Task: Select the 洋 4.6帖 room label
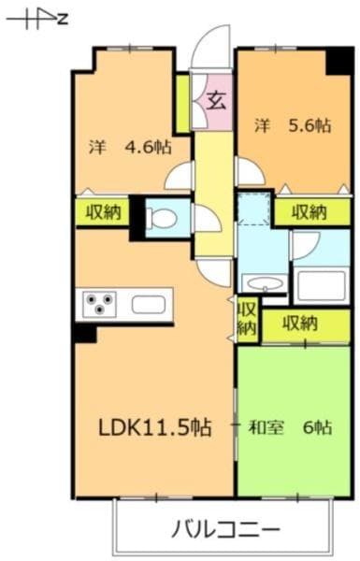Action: point(130,147)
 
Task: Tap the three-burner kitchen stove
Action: point(100,303)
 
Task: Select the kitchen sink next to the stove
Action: point(148,304)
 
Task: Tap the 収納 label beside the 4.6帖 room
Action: point(104,212)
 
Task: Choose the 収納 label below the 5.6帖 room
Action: point(308,212)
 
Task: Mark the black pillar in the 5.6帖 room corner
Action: point(338,61)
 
